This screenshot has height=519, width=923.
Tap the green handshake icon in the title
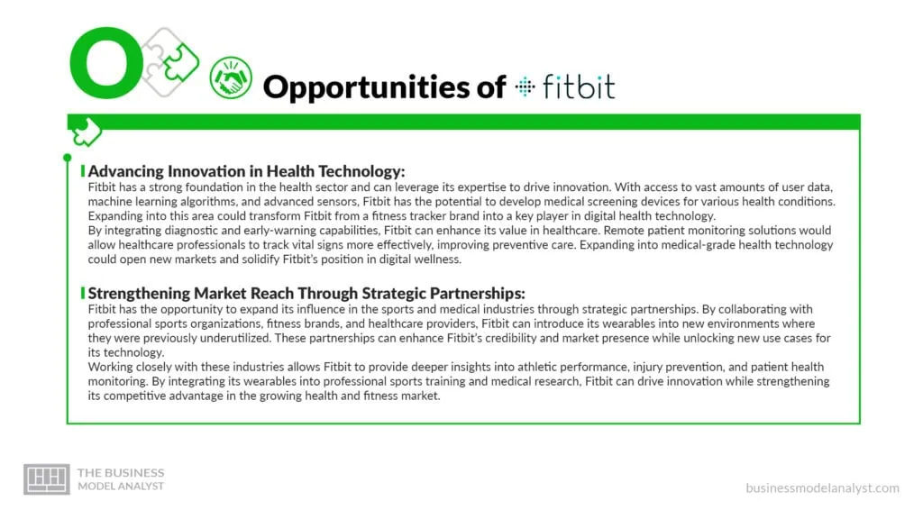pyautogui.click(x=231, y=78)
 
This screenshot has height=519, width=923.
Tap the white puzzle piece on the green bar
pyautogui.click(x=87, y=132)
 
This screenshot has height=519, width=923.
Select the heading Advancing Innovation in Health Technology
pyautogui.click(x=247, y=171)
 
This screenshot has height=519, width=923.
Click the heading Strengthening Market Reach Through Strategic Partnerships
pyautogui.click(x=306, y=294)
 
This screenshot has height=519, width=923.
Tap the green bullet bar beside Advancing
pyautogui.click(x=83, y=171)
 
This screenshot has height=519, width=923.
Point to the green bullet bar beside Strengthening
pyautogui.click(x=83, y=294)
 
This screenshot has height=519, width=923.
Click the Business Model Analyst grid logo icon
pyautogui.click(x=46, y=479)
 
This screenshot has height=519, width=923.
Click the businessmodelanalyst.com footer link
pyautogui.click(x=822, y=487)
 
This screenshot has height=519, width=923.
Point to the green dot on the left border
pyautogui.click(x=68, y=159)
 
